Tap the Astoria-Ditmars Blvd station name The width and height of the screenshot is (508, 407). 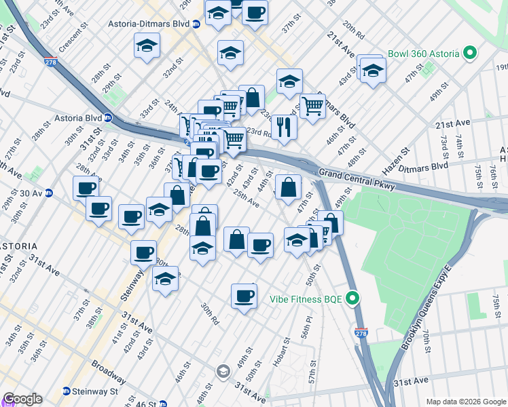point(148,23)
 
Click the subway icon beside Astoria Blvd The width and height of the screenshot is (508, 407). point(108,117)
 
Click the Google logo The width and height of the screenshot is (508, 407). point(22,399)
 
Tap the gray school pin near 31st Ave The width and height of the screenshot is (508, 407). point(223,371)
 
